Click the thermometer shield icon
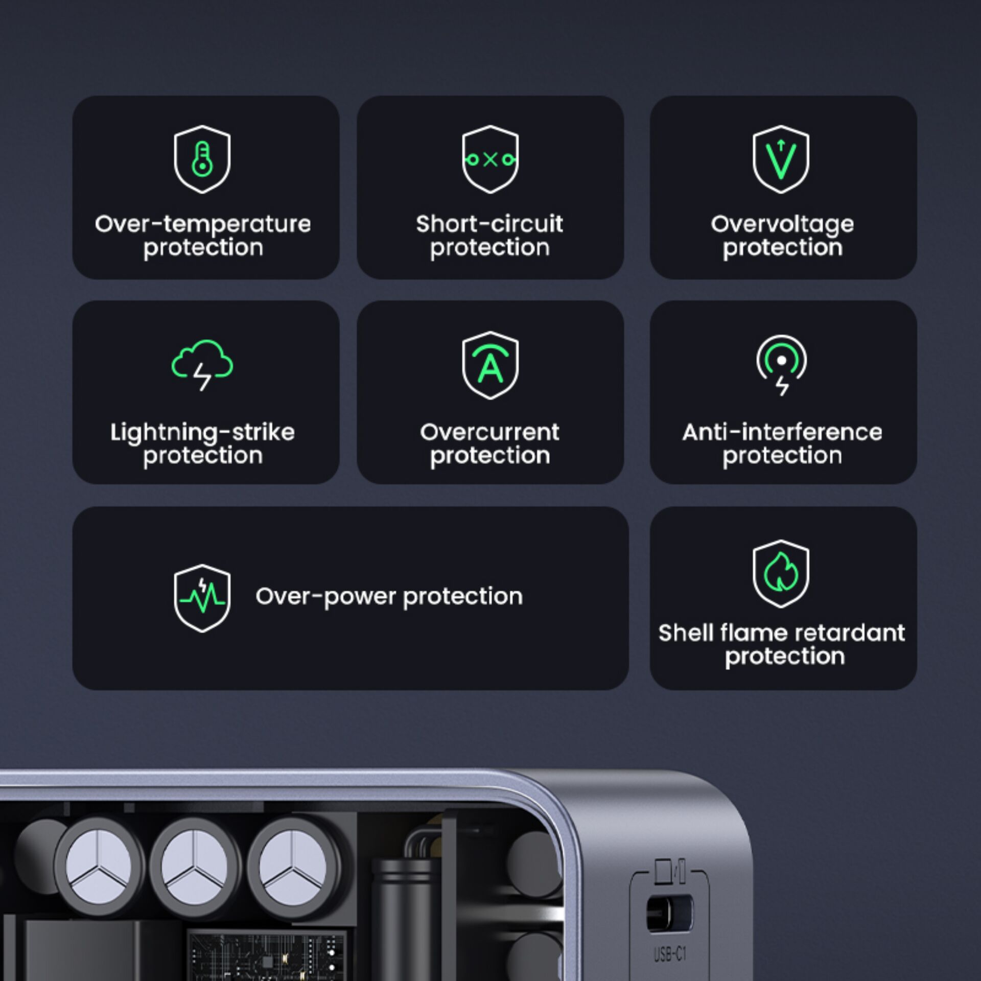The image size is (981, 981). (x=202, y=159)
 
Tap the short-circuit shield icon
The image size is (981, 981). (x=490, y=159)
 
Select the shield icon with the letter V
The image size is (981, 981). (x=781, y=159)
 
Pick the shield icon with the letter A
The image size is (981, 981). (x=490, y=365)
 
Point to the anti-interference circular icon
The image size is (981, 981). (x=781, y=364)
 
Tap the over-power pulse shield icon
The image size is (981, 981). (x=202, y=598)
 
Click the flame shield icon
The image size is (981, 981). (x=781, y=573)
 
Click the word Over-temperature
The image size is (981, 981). (x=203, y=224)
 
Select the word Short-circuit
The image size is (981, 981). (x=489, y=224)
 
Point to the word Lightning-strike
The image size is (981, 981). (x=203, y=433)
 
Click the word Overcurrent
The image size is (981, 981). (x=489, y=432)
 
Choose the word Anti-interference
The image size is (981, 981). (x=782, y=432)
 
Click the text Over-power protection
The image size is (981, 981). (x=389, y=597)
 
